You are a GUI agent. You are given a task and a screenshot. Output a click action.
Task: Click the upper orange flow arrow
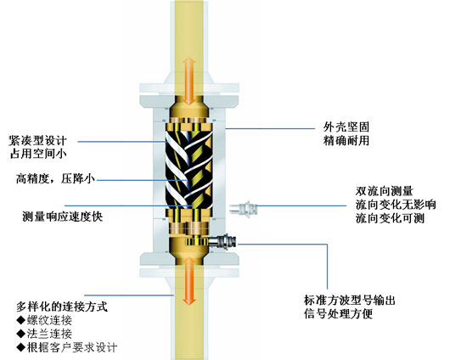point(189,81)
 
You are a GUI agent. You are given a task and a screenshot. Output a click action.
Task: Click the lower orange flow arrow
point(189,280)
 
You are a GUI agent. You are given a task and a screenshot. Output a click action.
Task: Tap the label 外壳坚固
point(346,127)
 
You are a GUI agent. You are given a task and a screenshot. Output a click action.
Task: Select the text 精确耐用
point(346,141)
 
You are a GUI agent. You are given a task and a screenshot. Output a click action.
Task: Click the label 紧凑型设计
point(38,140)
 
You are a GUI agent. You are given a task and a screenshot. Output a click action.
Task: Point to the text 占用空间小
point(38,154)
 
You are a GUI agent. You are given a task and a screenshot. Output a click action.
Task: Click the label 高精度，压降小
point(55,179)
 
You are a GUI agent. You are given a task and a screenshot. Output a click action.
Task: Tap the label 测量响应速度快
point(63,217)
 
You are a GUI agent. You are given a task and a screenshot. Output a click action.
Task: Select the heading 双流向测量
point(384,192)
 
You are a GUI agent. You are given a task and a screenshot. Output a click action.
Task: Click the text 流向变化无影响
point(396,205)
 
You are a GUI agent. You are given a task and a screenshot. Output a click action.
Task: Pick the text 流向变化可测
point(390,218)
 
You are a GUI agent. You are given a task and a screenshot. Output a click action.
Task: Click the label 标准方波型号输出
point(350,301)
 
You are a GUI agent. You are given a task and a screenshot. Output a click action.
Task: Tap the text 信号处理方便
point(338,314)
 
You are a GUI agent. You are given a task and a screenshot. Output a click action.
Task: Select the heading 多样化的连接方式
point(62,307)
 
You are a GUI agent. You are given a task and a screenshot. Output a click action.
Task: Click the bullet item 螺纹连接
point(44,320)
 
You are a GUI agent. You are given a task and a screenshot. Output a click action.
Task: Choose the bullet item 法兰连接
point(44,334)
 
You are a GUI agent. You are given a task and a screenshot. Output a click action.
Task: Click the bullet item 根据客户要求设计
point(67,347)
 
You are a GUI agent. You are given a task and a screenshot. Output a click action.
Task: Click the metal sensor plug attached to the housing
point(222,241)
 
